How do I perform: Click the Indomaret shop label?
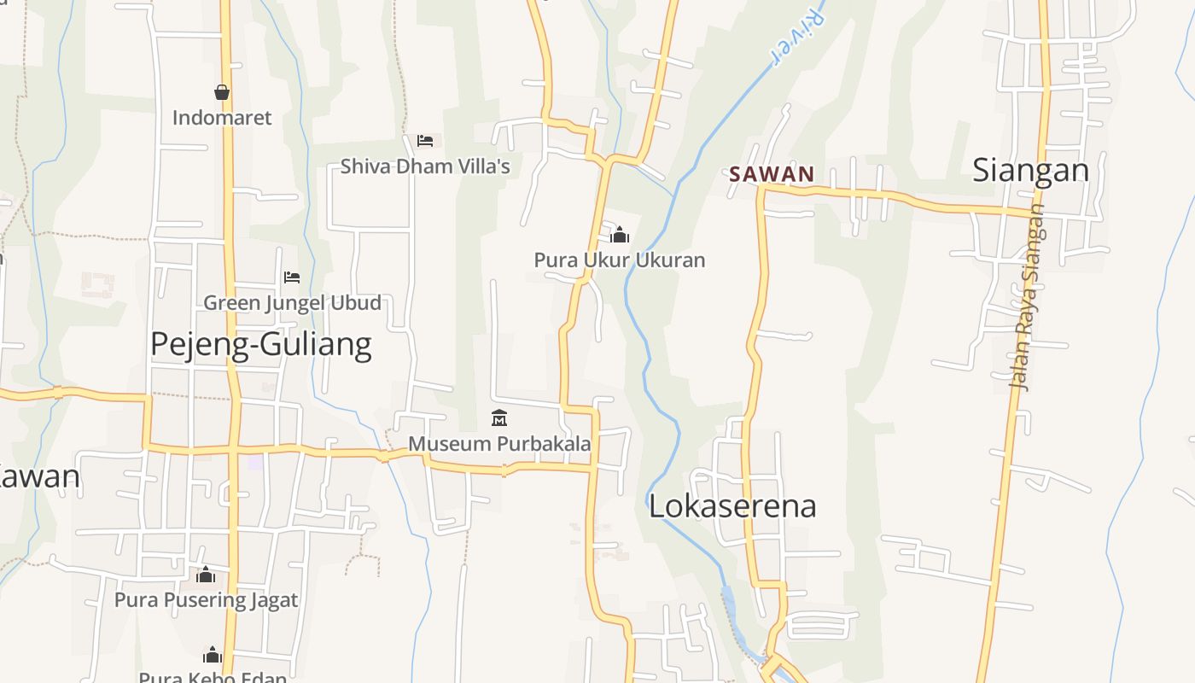(x=222, y=118)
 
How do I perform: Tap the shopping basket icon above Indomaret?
(x=222, y=92)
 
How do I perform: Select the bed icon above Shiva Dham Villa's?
(x=425, y=140)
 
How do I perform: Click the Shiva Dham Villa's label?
(x=425, y=166)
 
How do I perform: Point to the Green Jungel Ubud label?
(x=292, y=303)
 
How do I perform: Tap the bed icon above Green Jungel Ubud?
(x=292, y=277)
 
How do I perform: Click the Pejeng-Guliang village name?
(x=260, y=344)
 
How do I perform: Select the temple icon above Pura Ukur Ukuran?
(x=620, y=234)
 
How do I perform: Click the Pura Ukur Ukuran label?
(x=620, y=260)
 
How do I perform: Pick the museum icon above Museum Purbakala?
(x=499, y=418)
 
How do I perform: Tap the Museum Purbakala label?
(x=499, y=444)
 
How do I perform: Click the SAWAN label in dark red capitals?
(x=772, y=174)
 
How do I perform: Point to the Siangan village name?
(x=1030, y=171)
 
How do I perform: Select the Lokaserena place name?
(x=732, y=505)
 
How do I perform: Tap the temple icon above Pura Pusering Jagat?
(x=206, y=575)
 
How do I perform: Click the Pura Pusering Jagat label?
(x=206, y=600)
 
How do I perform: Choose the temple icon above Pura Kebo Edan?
(x=213, y=655)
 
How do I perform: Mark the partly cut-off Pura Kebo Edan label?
(x=213, y=677)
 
